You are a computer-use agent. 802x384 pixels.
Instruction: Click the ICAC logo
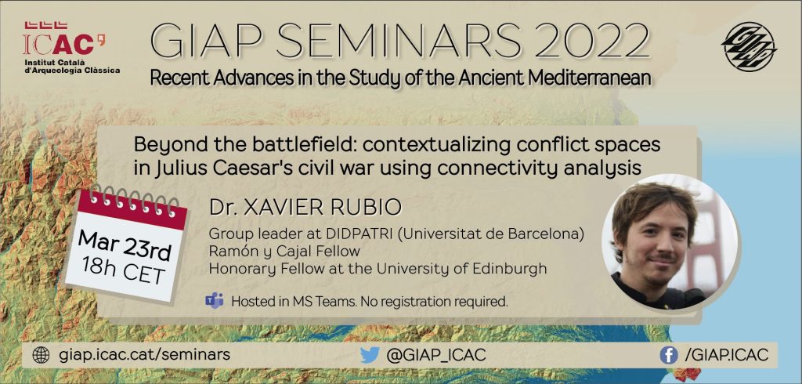pos(71,48)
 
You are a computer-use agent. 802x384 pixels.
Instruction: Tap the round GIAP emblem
pos(749,46)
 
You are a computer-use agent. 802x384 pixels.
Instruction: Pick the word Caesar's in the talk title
pos(268,168)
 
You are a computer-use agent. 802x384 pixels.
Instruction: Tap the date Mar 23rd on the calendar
pos(125,245)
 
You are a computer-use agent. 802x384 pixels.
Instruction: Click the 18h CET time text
pos(124,271)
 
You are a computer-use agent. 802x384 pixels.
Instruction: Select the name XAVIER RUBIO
pos(323,208)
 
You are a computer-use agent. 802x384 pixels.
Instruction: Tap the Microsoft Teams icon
pos(215,301)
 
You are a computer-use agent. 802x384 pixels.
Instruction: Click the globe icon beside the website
pos(41,355)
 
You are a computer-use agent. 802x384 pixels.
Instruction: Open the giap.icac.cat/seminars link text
pos(145,355)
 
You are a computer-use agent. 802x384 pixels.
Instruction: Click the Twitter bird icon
pos(370,355)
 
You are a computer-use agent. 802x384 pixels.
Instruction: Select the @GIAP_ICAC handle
pos(435,355)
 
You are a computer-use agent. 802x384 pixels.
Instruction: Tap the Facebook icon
pos(669,355)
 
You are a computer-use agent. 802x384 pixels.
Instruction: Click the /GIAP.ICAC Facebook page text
pos(726,355)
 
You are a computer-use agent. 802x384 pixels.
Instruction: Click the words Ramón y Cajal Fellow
pos(284,252)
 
